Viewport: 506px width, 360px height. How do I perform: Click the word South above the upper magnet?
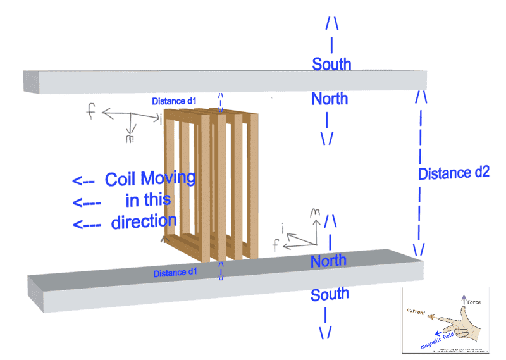click(x=331, y=64)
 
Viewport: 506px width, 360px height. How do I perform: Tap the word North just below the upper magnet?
click(x=330, y=99)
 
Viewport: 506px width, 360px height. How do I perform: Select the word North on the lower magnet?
click(x=328, y=260)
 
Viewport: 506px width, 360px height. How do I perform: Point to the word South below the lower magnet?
click(x=330, y=294)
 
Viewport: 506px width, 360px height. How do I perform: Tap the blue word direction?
click(x=144, y=221)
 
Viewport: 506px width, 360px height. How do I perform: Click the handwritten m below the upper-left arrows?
click(x=130, y=139)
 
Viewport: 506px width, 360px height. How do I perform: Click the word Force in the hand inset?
click(x=474, y=302)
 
